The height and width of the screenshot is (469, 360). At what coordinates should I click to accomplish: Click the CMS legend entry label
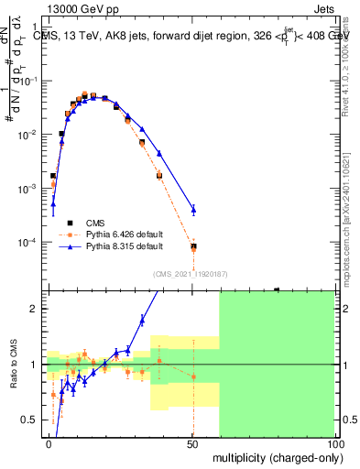(95, 223)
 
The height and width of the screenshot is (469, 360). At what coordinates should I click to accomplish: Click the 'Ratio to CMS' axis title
(12, 376)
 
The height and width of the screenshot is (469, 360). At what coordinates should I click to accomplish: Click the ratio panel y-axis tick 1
(34, 365)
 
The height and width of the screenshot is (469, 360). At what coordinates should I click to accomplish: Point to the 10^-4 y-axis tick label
(26, 243)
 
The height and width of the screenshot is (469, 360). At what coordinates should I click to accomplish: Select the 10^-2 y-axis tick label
(26, 135)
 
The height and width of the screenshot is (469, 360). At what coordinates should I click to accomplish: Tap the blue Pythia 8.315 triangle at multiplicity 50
(193, 210)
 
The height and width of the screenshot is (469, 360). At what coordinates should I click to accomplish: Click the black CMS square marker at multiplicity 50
(193, 245)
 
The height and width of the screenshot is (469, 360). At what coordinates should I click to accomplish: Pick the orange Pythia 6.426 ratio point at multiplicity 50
(193, 376)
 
